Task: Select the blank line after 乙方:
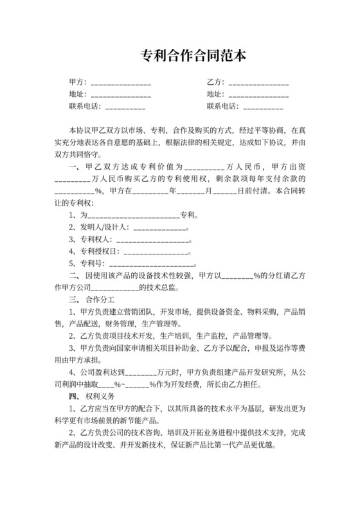coord(258,84)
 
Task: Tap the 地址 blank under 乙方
coord(258,95)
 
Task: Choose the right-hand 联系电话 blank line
coord(263,107)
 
